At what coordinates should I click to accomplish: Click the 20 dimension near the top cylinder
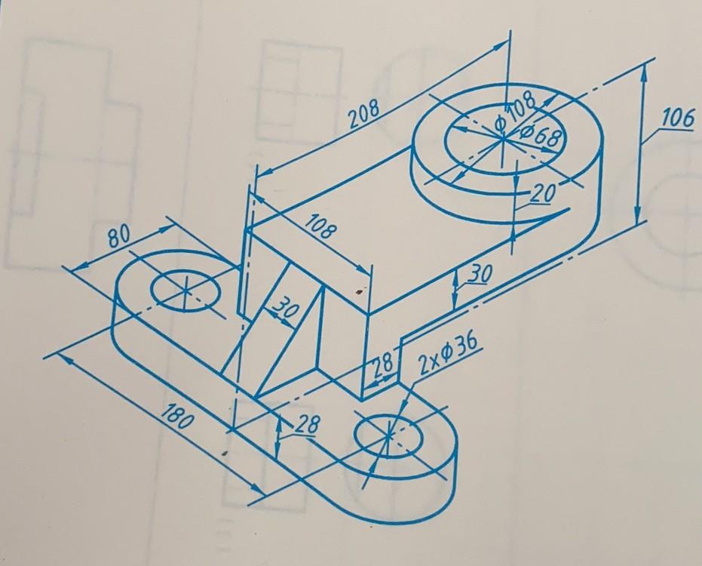541,194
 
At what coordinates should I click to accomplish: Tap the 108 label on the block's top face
320,229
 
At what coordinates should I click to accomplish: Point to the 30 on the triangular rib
284,308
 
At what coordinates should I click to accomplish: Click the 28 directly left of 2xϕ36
382,363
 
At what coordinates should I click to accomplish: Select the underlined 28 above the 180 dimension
304,426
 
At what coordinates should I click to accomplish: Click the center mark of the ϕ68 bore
501,137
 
